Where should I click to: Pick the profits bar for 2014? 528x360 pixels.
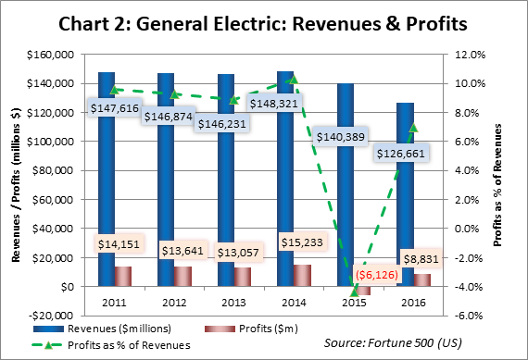[x=301, y=276]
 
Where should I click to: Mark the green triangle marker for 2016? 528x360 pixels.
[x=414, y=127]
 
